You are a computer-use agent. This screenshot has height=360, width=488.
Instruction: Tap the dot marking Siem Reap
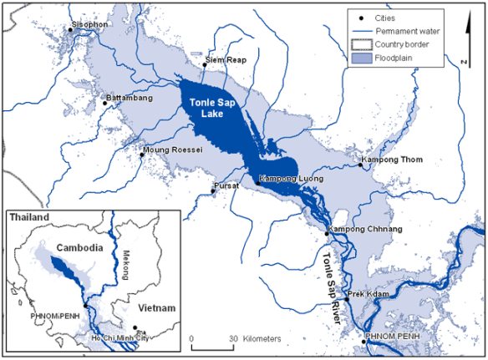[x=206, y=63]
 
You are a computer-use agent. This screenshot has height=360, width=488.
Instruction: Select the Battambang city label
[x=129, y=99]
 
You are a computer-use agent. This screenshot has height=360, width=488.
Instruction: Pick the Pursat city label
[x=228, y=184]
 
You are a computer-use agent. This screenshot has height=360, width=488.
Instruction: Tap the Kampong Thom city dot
[x=361, y=165]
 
